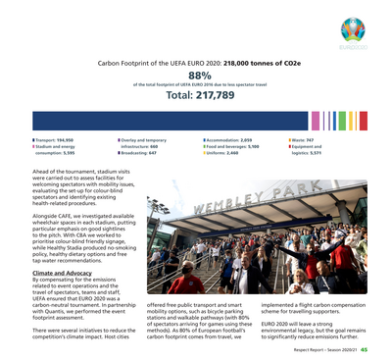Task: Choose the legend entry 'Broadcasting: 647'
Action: [139, 153]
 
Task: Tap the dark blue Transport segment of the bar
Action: [176, 122]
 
